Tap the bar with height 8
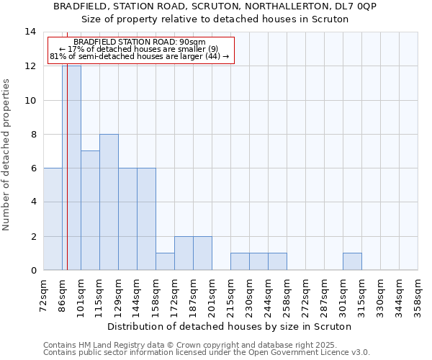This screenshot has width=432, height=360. point(109,202)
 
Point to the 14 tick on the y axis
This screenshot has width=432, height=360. point(30,32)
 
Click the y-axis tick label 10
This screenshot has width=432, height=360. point(30,100)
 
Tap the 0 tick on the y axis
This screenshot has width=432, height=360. point(33,270)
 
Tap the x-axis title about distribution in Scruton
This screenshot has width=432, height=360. point(230,326)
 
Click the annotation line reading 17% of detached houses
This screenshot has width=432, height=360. point(138,49)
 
